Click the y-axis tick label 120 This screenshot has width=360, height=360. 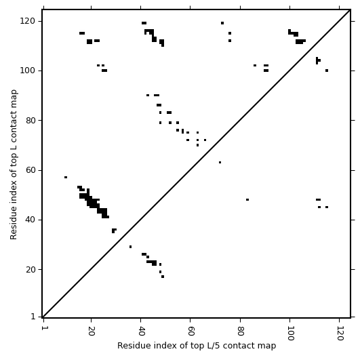click(27, 21)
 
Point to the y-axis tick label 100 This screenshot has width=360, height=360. click(27, 71)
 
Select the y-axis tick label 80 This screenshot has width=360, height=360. click(30, 120)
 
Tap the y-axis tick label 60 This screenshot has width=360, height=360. click(30, 170)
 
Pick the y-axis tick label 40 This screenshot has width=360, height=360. click(30, 220)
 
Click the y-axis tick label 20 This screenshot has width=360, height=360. click(30, 269)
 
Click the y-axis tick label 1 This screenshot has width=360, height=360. click(33, 317)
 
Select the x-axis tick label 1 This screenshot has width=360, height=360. click(43, 327)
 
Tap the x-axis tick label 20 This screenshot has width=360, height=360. click(92, 330)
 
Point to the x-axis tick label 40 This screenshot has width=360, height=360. click(141, 330)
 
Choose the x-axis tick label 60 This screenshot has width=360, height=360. click(191, 330)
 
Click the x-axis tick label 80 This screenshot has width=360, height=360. click(241, 330)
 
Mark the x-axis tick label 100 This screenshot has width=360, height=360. click(290, 333)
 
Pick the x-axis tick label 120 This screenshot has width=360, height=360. click(340, 333)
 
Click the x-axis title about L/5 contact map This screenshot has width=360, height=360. click(197, 346)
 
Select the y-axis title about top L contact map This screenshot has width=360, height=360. click(14, 164)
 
